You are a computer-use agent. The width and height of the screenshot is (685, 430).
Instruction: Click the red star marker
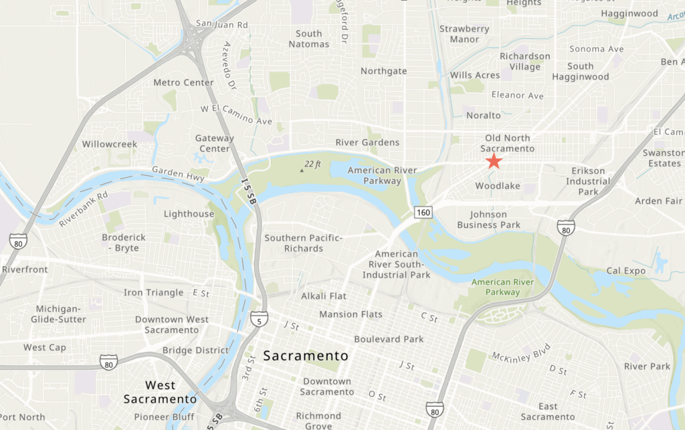(x=494, y=161)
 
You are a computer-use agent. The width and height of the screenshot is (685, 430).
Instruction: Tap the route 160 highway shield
(x=423, y=213)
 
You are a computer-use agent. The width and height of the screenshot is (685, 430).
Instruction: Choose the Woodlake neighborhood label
(x=498, y=185)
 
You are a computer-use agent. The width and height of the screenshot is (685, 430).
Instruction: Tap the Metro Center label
(x=183, y=83)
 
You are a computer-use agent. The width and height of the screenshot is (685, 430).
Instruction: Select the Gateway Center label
(x=215, y=143)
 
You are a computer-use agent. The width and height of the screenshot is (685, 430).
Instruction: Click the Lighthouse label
(x=189, y=214)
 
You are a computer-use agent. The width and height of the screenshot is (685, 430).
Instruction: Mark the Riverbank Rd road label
(x=83, y=209)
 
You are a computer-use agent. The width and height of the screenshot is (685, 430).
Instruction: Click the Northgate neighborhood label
(x=383, y=71)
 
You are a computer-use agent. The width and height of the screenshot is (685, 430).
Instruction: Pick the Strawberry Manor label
(x=464, y=34)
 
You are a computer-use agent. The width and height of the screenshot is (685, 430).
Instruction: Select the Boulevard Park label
(x=389, y=339)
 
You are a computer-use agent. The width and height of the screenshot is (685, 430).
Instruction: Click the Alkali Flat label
(x=324, y=296)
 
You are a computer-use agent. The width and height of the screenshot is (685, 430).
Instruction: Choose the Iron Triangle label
(x=153, y=292)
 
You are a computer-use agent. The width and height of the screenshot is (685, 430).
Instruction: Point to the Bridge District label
(x=195, y=350)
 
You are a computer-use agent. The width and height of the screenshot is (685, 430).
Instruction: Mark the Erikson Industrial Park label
(x=588, y=181)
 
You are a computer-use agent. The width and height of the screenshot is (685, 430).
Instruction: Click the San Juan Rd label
(x=222, y=25)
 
